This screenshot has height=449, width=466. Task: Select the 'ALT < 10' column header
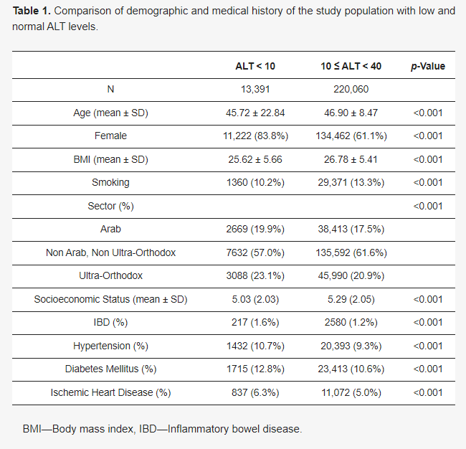click(255, 66)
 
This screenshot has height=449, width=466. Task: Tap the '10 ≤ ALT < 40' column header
click(351, 66)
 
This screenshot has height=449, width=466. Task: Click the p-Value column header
click(427, 66)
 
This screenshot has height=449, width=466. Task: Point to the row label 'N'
click(110, 90)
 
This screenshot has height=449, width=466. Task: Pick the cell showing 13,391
click(255, 90)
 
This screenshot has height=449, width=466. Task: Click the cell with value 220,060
click(351, 90)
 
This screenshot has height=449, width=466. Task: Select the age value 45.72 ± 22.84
click(255, 113)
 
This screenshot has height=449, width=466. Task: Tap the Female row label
click(110, 136)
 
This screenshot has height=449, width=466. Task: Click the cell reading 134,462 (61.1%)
click(351, 136)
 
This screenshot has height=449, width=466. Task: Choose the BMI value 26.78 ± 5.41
click(351, 159)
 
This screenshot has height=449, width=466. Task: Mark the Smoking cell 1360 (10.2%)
click(255, 182)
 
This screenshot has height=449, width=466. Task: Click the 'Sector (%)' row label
click(110, 206)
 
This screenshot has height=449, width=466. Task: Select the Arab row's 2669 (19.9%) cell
click(255, 229)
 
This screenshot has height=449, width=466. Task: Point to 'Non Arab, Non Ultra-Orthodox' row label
click(110, 252)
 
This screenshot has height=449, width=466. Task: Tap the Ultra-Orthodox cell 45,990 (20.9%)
click(351, 275)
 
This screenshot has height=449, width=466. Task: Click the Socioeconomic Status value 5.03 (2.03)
click(255, 299)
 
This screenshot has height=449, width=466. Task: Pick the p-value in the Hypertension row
click(427, 346)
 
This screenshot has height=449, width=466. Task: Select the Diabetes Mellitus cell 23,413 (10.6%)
click(351, 369)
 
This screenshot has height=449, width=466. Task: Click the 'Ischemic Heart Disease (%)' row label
click(110, 392)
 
